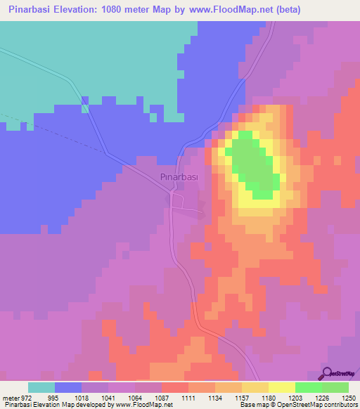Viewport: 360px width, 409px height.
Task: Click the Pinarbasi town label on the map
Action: tap(179, 177)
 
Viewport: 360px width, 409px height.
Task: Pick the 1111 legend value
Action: tap(188, 398)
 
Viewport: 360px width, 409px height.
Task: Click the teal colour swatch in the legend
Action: tap(41, 387)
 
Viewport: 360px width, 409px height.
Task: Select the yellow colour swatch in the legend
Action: tap(281, 387)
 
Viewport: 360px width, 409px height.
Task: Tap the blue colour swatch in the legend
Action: tap(68, 387)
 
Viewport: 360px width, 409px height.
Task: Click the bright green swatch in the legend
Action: tap(308, 387)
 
